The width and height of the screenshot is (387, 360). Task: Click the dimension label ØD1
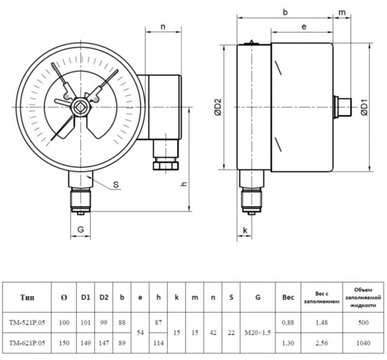365,107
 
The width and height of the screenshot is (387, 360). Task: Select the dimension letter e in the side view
304,27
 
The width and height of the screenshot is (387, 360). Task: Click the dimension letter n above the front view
163,27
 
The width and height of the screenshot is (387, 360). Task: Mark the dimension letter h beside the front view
183,185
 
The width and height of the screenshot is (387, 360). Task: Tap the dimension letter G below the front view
81,229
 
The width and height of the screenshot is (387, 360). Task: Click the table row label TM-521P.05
27,322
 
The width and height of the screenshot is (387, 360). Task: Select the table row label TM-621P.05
27,342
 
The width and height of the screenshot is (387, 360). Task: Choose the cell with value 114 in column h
158,342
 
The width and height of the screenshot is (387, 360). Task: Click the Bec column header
288,298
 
